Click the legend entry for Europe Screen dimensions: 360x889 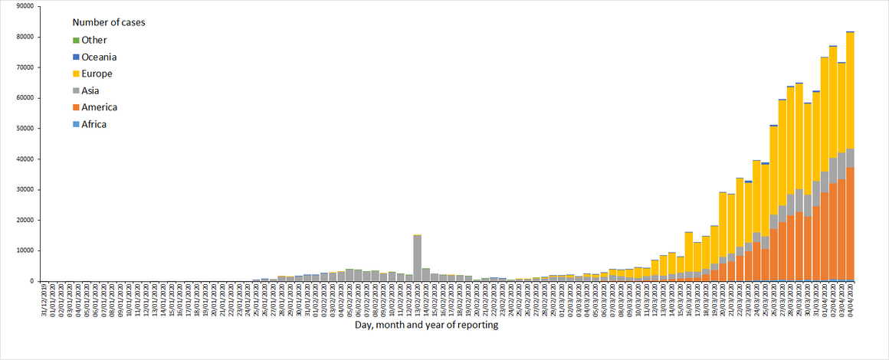tap(97, 74)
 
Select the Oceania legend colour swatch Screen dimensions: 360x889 tap(76, 57)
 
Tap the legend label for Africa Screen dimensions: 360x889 tap(93, 124)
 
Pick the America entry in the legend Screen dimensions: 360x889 tap(100, 107)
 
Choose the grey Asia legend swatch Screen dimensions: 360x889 tap(76, 91)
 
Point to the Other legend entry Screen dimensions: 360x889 tap(93, 41)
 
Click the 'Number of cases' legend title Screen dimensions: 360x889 tap(109, 22)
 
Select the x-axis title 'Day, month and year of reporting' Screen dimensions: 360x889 tap(426, 325)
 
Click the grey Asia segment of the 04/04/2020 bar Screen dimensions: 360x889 tap(850, 158)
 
